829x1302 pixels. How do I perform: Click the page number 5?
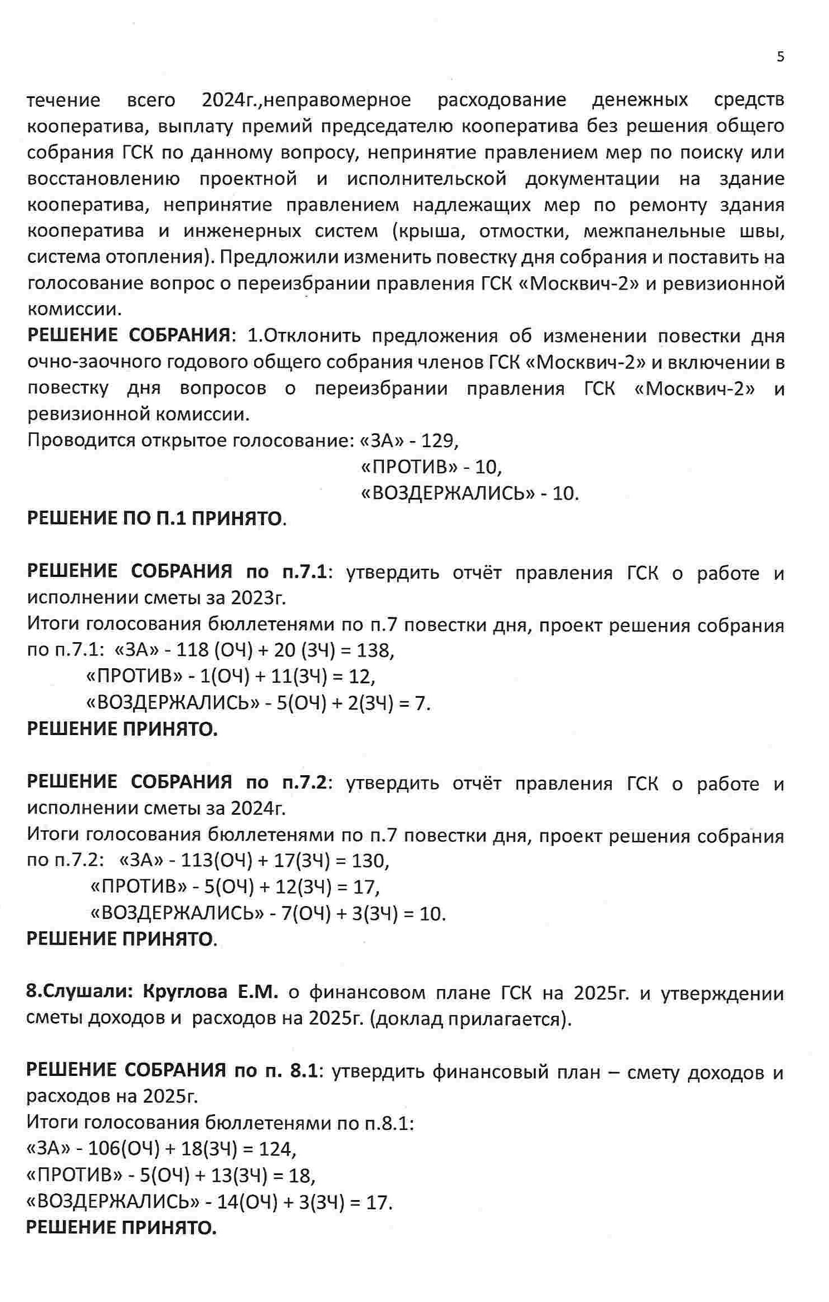click(x=780, y=57)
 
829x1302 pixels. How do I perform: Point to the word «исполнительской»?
click(x=426, y=179)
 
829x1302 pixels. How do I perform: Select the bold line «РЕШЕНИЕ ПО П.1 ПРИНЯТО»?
click(x=156, y=519)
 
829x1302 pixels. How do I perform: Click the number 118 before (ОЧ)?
click(x=192, y=650)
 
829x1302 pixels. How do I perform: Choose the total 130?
click(x=370, y=861)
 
